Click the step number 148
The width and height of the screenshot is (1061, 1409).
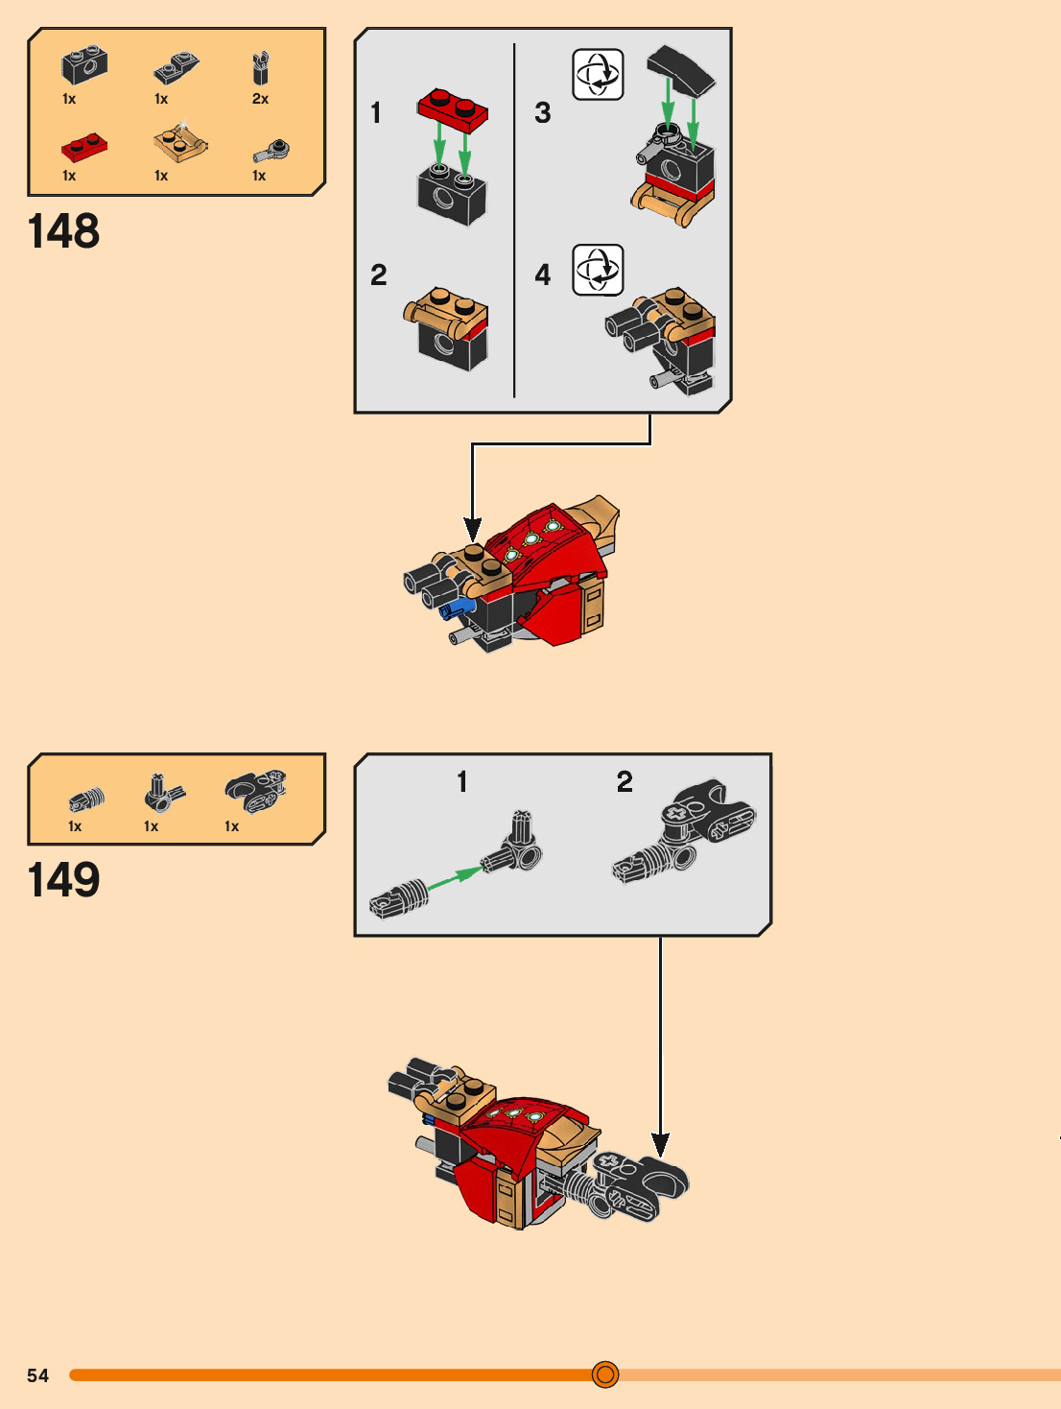click(x=63, y=231)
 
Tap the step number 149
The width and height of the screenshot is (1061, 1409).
click(x=63, y=880)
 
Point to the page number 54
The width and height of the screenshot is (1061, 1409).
click(x=37, y=1375)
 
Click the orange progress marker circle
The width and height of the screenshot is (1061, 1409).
click(x=605, y=1374)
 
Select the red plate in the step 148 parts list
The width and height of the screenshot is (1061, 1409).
click(x=83, y=147)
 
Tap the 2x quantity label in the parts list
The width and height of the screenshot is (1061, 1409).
click(x=260, y=99)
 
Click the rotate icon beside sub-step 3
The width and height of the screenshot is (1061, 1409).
click(x=598, y=75)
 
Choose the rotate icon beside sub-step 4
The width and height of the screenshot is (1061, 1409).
click(x=598, y=270)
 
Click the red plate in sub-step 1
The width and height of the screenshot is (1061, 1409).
click(x=453, y=108)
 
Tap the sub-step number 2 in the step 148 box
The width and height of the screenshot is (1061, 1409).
click(x=379, y=275)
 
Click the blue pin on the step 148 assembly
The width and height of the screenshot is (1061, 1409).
click(x=457, y=608)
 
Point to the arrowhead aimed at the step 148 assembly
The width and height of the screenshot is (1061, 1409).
click(x=472, y=529)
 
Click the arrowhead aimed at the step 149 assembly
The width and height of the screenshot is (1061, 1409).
click(x=660, y=1144)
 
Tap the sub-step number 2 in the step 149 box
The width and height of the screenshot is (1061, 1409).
click(x=625, y=781)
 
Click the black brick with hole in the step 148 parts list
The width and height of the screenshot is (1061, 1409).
click(x=84, y=65)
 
